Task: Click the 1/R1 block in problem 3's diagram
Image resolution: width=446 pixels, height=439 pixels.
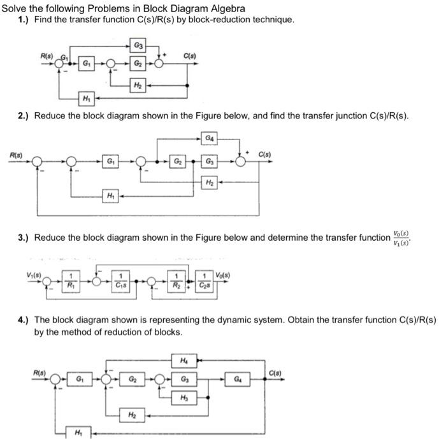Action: (x=71, y=278)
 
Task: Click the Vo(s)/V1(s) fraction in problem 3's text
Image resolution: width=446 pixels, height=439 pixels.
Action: (x=402, y=237)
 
